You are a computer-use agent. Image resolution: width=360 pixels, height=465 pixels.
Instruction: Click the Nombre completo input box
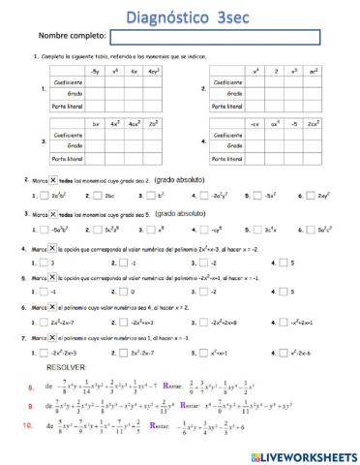tap(215, 36)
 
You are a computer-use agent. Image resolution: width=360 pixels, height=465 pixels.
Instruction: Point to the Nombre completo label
tap(72, 37)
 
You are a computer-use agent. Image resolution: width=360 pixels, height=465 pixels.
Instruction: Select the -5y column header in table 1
tap(94, 73)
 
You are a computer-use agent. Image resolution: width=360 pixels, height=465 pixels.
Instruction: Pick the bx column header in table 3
tap(95, 124)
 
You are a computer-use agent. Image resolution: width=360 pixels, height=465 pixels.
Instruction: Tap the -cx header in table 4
tap(255, 124)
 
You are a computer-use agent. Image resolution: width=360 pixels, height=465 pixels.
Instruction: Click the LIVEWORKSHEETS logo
tap(303, 455)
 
